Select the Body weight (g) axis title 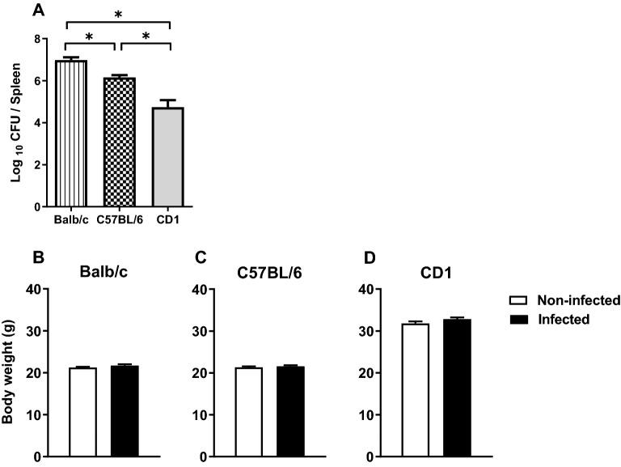8,372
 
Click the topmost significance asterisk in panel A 118,15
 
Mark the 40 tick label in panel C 205,290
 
